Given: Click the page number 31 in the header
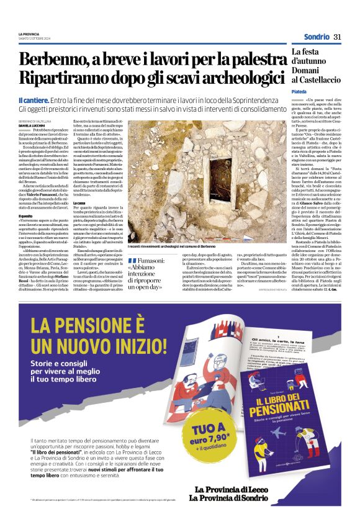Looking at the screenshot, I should point(337,37).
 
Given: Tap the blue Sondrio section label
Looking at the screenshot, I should point(317,37).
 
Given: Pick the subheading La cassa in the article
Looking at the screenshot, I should point(79,202).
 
